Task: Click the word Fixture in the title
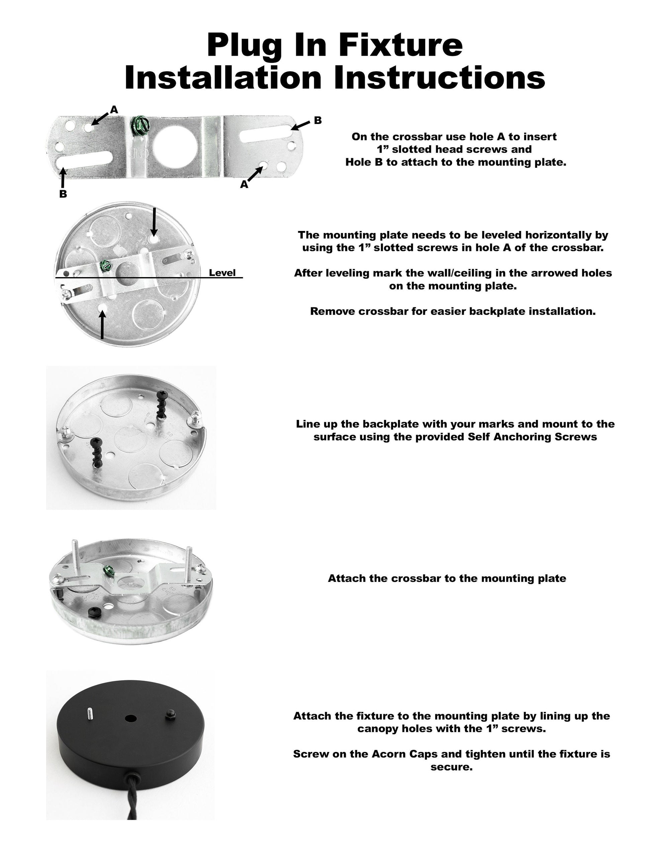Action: click(x=400, y=45)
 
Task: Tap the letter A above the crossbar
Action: click(x=114, y=110)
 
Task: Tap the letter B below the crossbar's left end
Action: click(x=63, y=194)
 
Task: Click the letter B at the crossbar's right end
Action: click(x=317, y=120)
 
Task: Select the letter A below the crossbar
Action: click(x=244, y=184)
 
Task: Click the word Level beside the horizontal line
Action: click(x=222, y=272)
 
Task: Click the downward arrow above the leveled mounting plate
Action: click(x=154, y=222)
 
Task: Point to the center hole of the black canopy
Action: click(x=130, y=718)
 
